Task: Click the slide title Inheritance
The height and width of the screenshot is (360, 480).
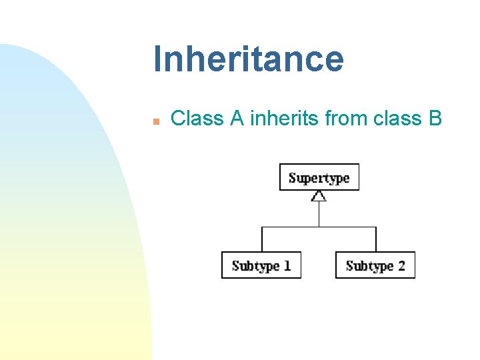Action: pyautogui.click(x=248, y=59)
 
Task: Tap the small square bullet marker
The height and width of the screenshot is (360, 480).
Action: pyautogui.click(x=155, y=121)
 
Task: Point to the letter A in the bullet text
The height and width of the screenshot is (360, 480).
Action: pyautogui.click(x=237, y=119)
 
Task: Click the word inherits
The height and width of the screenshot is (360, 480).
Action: pyautogui.click(x=284, y=119)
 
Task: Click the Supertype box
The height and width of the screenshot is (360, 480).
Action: pyautogui.click(x=319, y=177)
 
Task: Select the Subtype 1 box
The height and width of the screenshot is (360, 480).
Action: pyautogui.click(x=261, y=265)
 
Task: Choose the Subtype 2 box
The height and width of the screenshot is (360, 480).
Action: pyautogui.click(x=375, y=265)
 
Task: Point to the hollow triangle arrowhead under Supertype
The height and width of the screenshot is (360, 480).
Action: pyautogui.click(x=319, y=196)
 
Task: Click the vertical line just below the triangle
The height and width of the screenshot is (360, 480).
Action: pyautogui.click(x=319, y=213)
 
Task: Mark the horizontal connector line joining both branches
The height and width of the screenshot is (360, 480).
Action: pyautogui.click(x=319, y=227)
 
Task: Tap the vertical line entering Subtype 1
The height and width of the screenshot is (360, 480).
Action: pyautogui.click(x=262, y=239)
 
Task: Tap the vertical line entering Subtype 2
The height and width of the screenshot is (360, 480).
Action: pyautogui.click(x=376, y=239)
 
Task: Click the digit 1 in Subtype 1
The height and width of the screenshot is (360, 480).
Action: pyautogui.click(x=287, y=265)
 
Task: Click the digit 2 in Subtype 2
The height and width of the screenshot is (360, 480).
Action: pyautogui.click(x=401, y=265)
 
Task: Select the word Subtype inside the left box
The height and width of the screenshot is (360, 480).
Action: pyautogui.click(x=255, y=266)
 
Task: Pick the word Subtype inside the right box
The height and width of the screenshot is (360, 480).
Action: pyautogui.click(x=369, y=266)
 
